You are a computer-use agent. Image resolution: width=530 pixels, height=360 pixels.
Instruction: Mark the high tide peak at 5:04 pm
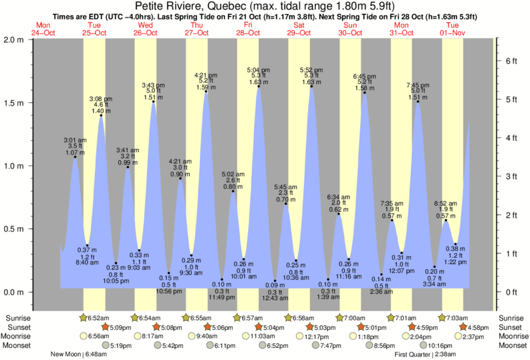(259, 86)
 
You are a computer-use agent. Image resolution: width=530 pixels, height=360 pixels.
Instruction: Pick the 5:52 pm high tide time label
(311, 69)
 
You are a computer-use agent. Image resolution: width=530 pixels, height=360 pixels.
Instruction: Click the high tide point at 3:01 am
(75, 157)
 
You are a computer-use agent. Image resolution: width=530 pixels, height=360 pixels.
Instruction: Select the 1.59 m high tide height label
(205, 87)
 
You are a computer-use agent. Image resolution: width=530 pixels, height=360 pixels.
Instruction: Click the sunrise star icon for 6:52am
(84, 318)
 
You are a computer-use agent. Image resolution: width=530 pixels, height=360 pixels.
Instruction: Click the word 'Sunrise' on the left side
(18, 318)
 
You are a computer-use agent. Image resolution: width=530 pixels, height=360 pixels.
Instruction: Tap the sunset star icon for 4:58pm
(465, 327)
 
